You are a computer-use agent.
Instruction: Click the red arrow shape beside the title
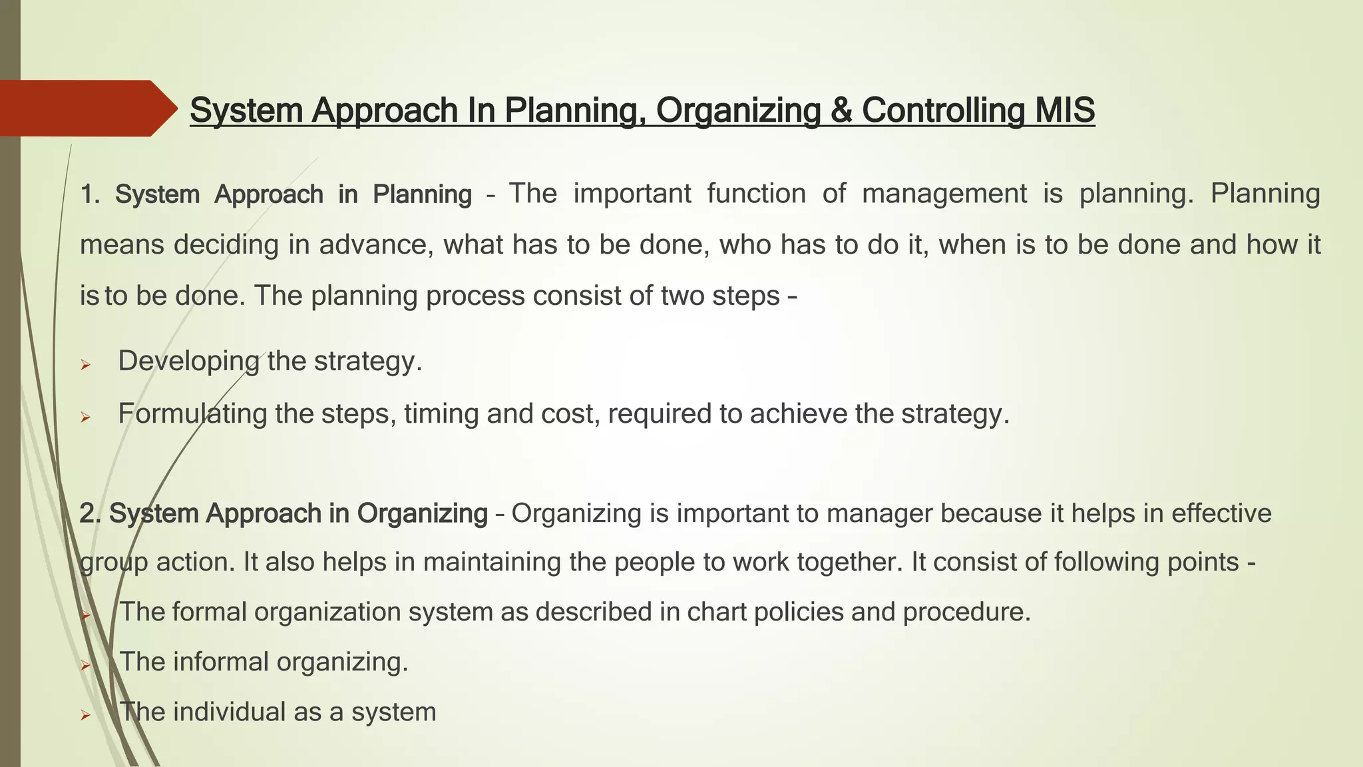click(87, 109)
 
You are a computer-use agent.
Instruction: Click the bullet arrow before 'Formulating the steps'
click(85, 417)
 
